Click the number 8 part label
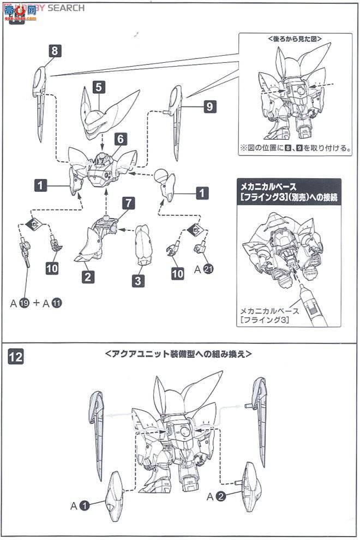point(54,51)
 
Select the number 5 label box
point(98,87)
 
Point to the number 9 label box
point(210,107)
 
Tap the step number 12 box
point(16,357)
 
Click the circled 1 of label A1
point(85,506)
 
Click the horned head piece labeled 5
point(106,112)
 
